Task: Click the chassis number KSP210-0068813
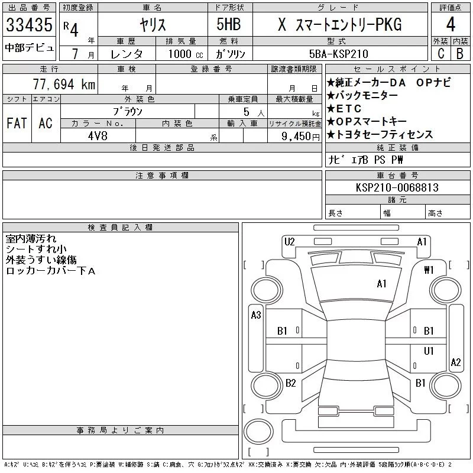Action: point(397,187)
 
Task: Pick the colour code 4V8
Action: point(98,135)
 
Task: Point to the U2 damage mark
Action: point(290,241)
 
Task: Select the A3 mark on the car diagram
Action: point(256,315)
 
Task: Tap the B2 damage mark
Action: point(291,383)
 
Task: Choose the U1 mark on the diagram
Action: point(429,351)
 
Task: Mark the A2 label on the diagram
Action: point(455,362)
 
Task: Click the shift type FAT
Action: point(17,124)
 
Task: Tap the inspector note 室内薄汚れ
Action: point(31,239)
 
